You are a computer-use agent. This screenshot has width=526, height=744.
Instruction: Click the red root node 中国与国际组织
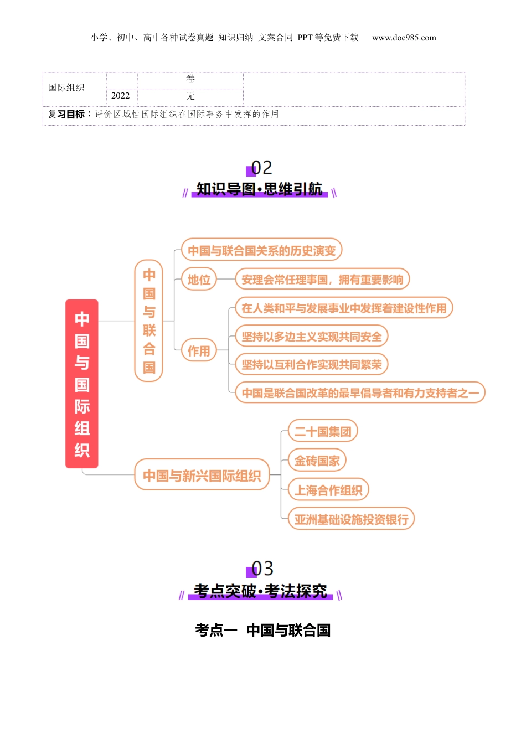click(x=82, y=384)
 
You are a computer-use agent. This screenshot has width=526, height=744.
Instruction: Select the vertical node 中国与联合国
click(x=149, y=321)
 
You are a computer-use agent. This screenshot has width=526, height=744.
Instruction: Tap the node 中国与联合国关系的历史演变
click(x=261, y=250)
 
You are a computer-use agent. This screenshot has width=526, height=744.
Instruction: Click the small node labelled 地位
click(x=199, y=280)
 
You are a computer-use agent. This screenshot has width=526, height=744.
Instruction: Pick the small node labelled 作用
click(x=199, y=350)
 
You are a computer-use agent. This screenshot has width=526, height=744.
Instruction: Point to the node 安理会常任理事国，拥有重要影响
click(x=322, y=280)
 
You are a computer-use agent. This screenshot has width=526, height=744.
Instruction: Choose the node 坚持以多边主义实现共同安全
click(x=312, y=337)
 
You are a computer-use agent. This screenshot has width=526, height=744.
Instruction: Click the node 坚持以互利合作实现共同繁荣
click(x=312, y=365)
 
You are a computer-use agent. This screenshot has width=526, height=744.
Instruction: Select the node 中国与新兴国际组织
click(x=202, y=475)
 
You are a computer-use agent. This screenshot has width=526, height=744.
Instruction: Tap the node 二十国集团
click(x=323, y=431)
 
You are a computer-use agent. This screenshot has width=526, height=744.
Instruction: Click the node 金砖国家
click(x=317, y=461)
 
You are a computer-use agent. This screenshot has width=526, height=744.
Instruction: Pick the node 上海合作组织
click(x=328, y=490)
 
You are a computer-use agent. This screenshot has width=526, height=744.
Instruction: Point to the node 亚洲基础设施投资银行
click(x=351, y=519)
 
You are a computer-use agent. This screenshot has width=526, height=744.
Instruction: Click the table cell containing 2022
click(x=121, y=96)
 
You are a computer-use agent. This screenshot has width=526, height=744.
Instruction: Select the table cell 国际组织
click(x=66, y=87)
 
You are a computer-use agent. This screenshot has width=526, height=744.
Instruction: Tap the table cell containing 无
click(x=190, y=96)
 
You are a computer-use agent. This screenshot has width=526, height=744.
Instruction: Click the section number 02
click(x=261, y=168)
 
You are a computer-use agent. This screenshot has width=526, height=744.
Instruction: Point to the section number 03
click(x=262, y=569)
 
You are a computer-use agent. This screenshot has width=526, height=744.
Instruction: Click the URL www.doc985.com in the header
click(x=404, y=38)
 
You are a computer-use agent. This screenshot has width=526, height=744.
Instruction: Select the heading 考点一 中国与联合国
click(x=262, y=630)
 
